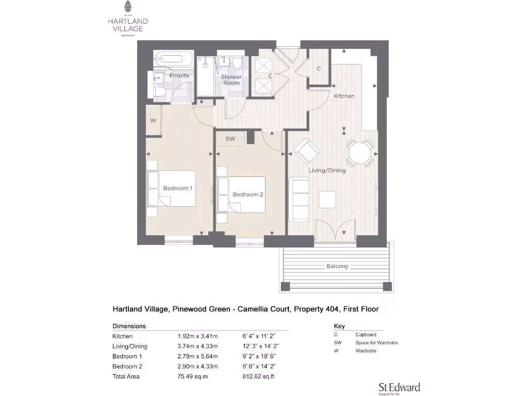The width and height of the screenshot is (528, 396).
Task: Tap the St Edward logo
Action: click(399, 388)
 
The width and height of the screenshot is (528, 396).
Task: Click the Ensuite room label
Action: click(179, 76)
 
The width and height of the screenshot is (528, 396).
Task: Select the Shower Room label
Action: click(232, 80)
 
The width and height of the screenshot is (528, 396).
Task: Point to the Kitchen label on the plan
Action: click(344, 96)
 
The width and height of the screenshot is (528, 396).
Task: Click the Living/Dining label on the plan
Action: click(327, 170)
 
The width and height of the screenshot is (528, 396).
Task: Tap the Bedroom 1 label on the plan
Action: click(177, 188)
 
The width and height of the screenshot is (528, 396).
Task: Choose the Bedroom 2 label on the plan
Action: click(248, 194)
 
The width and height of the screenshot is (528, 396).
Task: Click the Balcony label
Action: click(337, 267)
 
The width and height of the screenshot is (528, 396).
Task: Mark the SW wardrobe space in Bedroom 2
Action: click(230, 139)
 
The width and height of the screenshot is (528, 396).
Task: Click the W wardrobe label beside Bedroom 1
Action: click(153, 121)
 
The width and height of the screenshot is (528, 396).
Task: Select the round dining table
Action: click(359, 153)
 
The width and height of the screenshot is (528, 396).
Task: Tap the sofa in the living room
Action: click(299, 198)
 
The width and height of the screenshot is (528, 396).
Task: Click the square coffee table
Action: click(327, 199)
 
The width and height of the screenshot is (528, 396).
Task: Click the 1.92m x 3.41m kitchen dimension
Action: click(197, 336)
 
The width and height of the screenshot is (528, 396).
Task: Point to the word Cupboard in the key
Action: click(366, 335)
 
